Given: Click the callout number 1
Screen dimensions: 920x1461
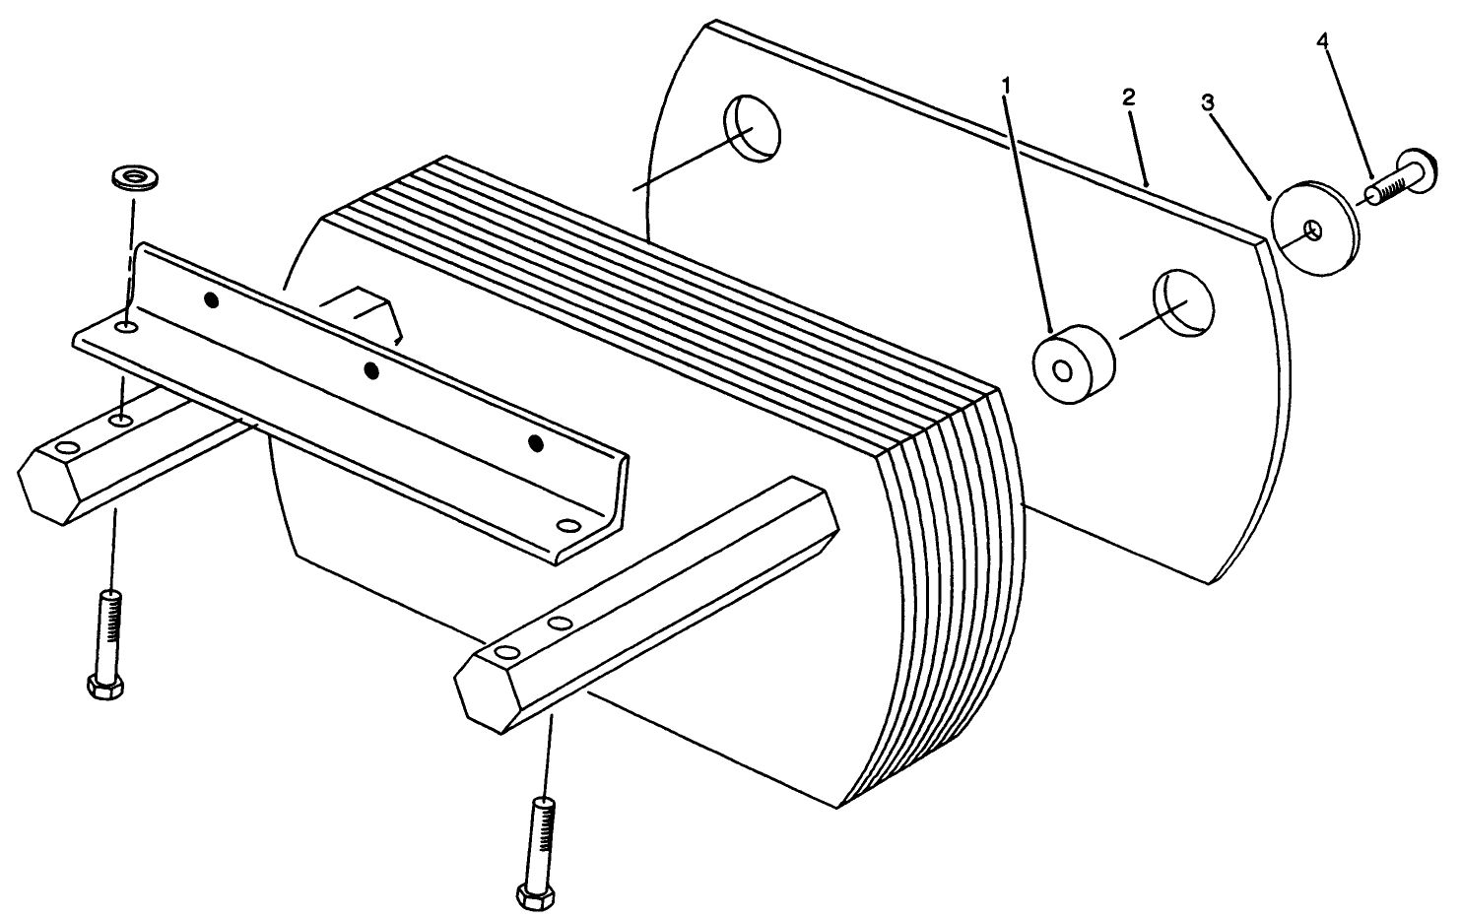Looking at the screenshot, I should pos(1006,87).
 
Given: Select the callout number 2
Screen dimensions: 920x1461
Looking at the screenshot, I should pos(1129,97).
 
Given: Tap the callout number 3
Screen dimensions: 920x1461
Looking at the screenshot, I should pos(1207,102).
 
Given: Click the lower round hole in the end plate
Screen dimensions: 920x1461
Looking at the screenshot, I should pos(1185,299).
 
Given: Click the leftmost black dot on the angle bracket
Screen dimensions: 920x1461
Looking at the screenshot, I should pos(210,300).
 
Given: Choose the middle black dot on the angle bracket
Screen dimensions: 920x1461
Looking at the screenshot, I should pos(371,370).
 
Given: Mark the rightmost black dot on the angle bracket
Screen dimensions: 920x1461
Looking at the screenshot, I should pos(535,443).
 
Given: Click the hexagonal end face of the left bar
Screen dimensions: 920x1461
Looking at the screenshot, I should pos(47,483).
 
